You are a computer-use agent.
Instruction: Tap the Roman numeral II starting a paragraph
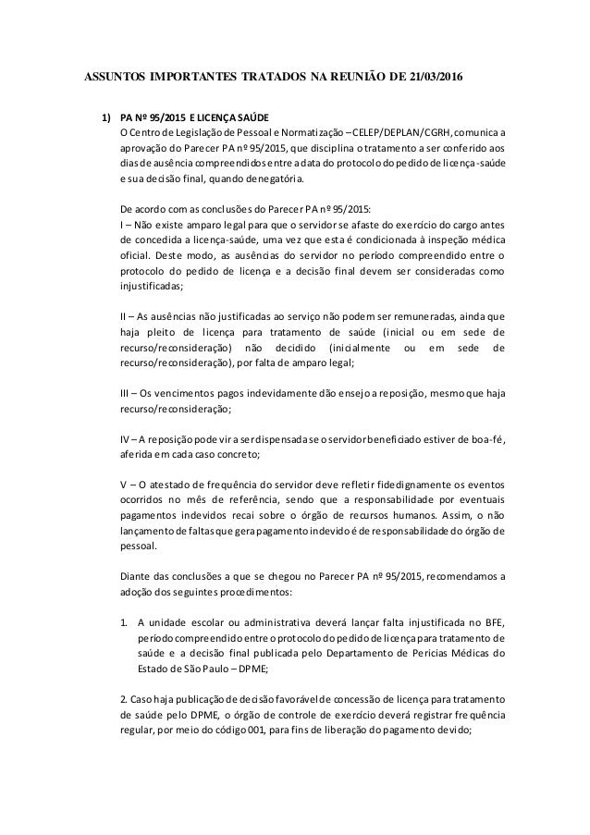[x=126, y=316]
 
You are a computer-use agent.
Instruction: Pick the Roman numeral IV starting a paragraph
[x=128, y=437]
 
